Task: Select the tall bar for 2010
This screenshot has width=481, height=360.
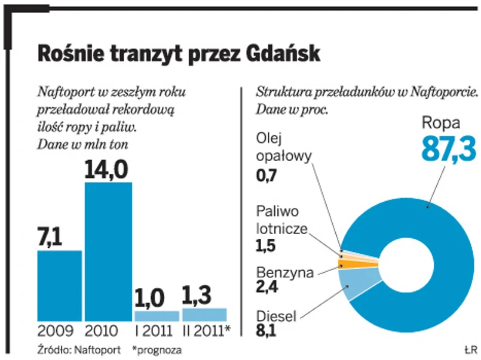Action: click(108, 251)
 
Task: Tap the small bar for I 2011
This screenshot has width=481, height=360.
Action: click(157, 316)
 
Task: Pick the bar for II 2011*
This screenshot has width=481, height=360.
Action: click(204, 315)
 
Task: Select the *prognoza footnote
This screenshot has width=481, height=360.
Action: click(157, 349)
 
